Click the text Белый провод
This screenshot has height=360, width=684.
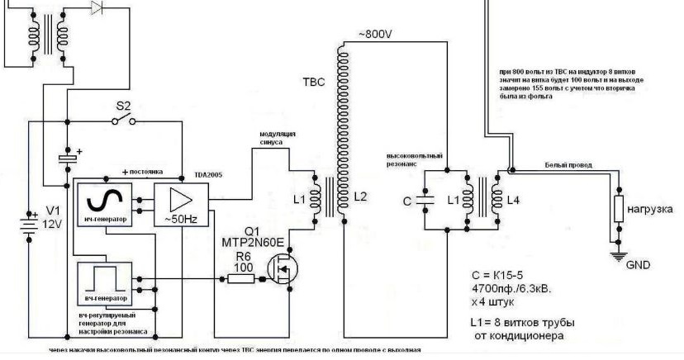point(567,166)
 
